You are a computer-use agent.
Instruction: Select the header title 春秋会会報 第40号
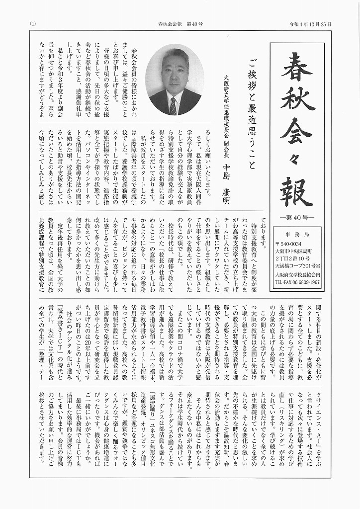point(180,24)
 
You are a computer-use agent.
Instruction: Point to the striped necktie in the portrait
point(173,106)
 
